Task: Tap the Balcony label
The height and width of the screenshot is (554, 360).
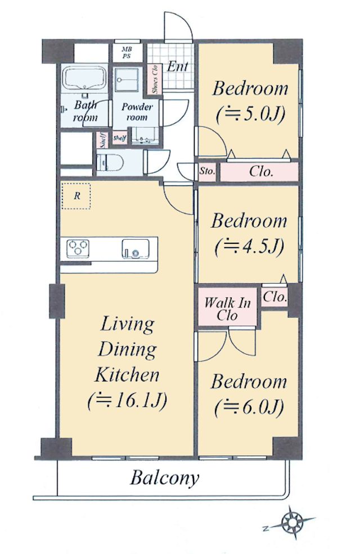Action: (x=164, y=479)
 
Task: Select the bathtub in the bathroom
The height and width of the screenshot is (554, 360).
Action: (x=84, y=79)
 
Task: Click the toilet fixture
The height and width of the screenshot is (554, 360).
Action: (x=110, y=162)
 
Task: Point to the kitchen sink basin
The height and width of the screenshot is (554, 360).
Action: (x=136, y=249)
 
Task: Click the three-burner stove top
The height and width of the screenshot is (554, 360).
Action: (x=78, y=248)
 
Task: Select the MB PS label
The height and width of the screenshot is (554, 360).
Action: (x=127, y=53)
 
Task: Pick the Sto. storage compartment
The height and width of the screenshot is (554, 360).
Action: (x=207, y=172)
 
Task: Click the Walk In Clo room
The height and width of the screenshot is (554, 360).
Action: (x=227, y=307)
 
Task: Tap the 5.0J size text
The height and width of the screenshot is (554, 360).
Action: (x=250, y=114)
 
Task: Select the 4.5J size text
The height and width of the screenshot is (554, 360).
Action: (x=249, y=246)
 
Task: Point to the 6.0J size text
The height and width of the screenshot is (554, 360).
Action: (x=249, y=407)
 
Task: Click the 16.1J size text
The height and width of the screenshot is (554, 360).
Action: (x=127, y=400)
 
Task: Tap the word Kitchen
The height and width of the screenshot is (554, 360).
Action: (x=127, y=374)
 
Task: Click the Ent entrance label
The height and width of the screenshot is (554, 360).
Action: (x=177, y=66)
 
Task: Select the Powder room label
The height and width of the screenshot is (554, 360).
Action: (x=137, y=111)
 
